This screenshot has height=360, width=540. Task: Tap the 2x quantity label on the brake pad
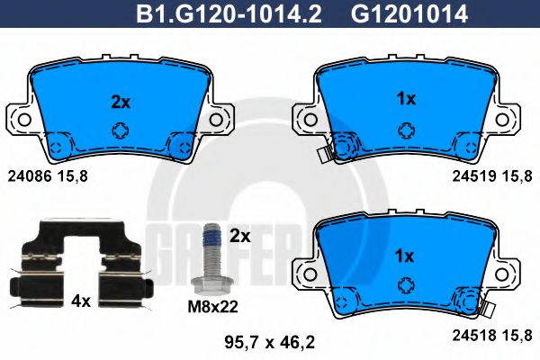click(120, 102)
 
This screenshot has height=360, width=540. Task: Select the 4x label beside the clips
click(82, 301)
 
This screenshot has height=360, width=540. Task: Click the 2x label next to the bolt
click(239, 237)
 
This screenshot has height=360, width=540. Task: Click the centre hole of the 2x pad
click(120, 130)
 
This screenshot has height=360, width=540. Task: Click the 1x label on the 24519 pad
click(406, 99)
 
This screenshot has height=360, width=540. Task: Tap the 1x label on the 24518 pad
click(406, 256)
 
